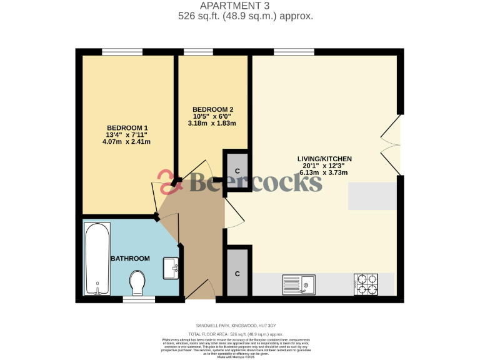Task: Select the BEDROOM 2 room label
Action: tap(212, 109)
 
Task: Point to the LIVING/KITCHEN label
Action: tap(324, 159)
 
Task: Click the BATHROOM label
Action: tap(130, 259)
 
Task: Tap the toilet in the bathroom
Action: tap(137, 282)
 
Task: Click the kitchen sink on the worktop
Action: tap(299, 284)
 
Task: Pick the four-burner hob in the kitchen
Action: tap(366, 284)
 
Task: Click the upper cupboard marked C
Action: tap(237, 171)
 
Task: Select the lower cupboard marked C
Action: tap(237, 274)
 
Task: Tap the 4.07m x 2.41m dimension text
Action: tap(127, 142)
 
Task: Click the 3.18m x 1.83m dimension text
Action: tap(212, 123)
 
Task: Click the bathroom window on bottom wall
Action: tap(138, 299)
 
